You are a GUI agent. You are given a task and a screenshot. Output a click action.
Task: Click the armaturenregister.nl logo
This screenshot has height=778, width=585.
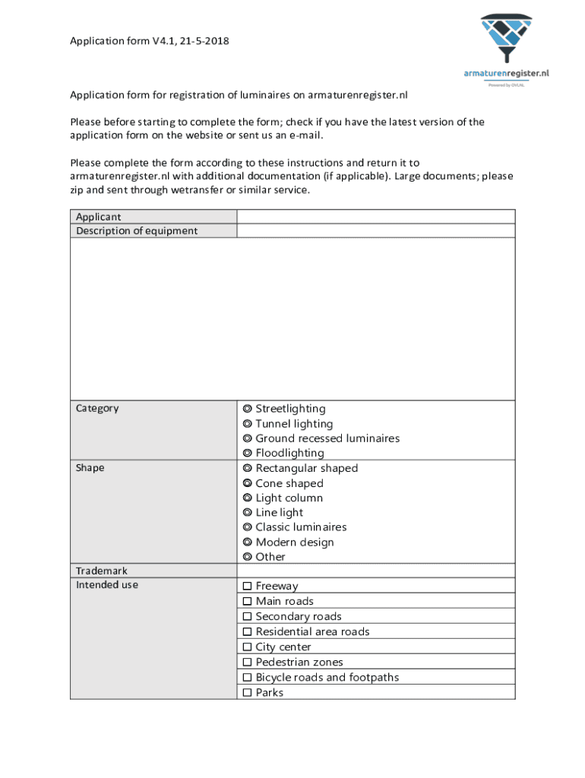pyautogui.click(x=506, y=46)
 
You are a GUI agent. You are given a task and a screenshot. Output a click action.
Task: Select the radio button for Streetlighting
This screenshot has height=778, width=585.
pyautogui.click(x=248, y=409)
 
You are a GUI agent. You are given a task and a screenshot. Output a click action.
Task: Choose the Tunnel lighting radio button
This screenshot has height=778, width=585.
pyautogui.click(x=248, y=424)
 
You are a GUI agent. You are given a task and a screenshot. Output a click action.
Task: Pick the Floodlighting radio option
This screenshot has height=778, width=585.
pyautogui.click(x=248, y=454)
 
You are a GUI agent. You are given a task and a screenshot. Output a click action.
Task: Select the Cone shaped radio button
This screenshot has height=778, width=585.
pyautogui.click(x=248, y=483)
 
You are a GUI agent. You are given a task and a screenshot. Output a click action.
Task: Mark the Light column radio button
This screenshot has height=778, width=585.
pyautogui.click(x=248, y=498)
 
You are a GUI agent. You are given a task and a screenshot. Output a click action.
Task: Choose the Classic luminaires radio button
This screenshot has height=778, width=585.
pyautogui.click(x=248, y=527)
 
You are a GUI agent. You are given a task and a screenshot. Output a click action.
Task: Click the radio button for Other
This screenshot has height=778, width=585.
pyautogui.click(x=248, y=557)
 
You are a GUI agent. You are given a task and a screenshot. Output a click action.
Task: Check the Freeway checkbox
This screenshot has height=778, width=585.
pyautogui.click(x=247, y=587)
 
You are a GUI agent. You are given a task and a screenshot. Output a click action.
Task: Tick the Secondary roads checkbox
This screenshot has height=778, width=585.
pyautogui.click(x=247, y=617)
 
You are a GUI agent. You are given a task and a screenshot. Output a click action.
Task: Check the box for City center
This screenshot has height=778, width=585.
pyautogui.click(x=247, y=647)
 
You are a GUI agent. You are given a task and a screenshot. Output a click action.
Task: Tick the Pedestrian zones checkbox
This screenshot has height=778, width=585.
pyautogui.click(x=247, y=663)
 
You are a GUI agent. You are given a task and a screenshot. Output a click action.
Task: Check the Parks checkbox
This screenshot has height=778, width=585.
pyautogui.click(x=247, y=693)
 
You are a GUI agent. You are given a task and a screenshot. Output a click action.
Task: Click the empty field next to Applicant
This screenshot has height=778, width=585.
pyautogui.click(x=375, y=217)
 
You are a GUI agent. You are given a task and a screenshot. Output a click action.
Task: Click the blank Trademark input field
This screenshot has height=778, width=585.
pyautogui.click(x=375, y=571)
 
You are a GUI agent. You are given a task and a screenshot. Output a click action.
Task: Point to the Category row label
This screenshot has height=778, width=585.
pyautogui.click(x=97, y=409)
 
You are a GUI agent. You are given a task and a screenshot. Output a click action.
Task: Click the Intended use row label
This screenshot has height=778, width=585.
pyautogui.click(x=107, y=585)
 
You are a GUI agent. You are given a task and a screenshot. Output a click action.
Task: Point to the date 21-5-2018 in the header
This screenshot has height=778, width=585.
pyautogui.click(x=203, y=41)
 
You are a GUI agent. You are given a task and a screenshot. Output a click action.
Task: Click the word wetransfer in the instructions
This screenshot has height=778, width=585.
pyautogui.click(x=200, y=190)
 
